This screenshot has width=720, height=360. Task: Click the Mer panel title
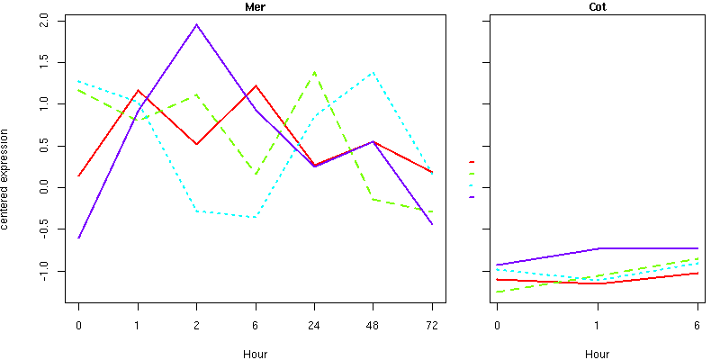tap(255, 7)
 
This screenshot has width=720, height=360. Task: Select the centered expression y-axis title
tap(7, 178)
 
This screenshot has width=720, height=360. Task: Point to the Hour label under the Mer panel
tap(255, 354)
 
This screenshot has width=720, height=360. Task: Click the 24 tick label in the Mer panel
tap(314, 326)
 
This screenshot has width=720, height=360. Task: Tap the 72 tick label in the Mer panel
tap(432, 326)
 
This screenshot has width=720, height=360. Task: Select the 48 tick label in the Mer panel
tap(373, 326)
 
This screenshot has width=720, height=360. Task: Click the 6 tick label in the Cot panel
tap(697, 326)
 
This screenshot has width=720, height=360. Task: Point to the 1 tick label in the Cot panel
tap(597, 326)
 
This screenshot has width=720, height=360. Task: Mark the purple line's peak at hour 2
tap(196, 24)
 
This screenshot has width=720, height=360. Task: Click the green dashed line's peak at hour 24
tap(314, 72)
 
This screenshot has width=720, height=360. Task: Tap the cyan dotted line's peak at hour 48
tap(373, 72)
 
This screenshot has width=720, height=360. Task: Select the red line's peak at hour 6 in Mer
tap(256, 86)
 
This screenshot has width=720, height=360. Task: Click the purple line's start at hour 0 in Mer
tap(78, 238)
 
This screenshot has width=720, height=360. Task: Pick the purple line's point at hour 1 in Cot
tap(597, 248)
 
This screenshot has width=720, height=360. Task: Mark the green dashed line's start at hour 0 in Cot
tap(497, 292)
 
